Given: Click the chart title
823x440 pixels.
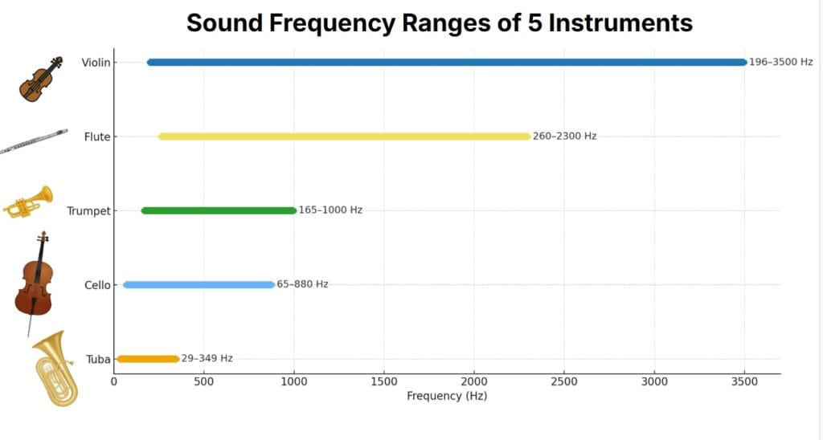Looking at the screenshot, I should click(439, 22).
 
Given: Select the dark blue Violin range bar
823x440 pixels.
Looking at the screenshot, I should click(447, 62).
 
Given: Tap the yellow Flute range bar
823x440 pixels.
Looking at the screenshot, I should click(344, 136).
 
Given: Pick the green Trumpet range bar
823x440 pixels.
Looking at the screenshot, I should click(219, 210).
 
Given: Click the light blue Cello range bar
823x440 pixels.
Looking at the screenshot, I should click(199, 284).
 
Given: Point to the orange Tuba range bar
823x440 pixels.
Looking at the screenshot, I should click(147, 359).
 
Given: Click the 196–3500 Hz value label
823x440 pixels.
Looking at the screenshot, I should click(780, 62).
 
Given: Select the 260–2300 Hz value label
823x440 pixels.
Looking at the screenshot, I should click(564, 136).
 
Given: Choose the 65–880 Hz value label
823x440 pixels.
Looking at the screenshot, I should click(302, 284).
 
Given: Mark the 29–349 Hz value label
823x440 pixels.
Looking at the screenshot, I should click(207, 359).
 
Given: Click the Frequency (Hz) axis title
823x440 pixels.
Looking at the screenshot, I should click(447, 396).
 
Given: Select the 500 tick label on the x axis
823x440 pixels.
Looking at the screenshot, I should click(203, 381).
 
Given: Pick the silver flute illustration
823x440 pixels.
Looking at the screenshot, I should click(33, 141).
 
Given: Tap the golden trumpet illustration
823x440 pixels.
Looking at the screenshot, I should click(28, 202).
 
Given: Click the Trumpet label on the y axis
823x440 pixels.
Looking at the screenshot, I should click(88, 211).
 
